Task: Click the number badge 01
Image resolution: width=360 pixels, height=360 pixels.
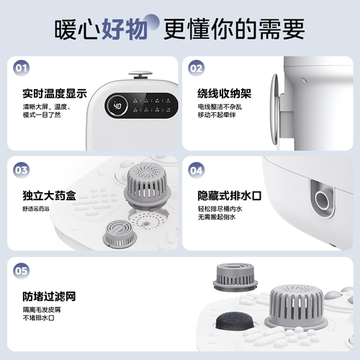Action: (22, 69)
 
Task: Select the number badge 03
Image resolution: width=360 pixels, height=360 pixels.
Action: (22, 171)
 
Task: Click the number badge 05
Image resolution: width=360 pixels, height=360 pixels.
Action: (22, 271)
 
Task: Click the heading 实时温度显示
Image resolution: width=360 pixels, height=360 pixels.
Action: (44, 94)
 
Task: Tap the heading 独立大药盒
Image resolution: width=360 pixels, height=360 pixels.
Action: (40, 195)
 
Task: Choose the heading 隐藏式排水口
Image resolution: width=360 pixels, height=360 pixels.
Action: (228, 195)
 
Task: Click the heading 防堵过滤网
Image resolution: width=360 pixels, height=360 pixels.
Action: (40, 296)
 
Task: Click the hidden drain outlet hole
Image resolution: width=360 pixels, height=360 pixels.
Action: (320, 195)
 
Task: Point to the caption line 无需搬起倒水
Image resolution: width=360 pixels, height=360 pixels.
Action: (217, 217)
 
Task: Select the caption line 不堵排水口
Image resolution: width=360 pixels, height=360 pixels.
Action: (30, 318)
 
